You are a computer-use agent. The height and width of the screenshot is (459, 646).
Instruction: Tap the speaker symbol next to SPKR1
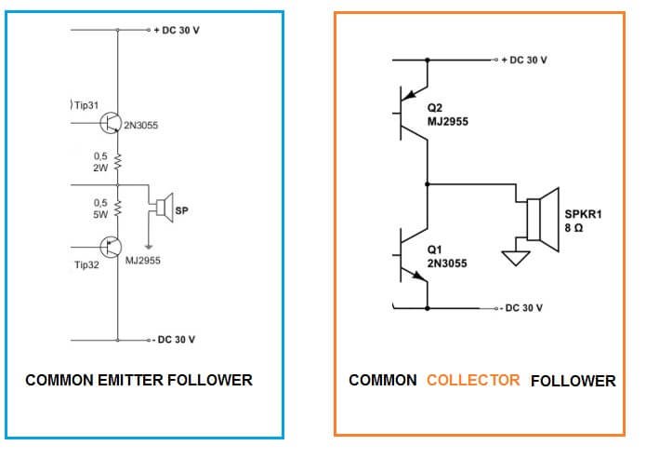pos(541,222)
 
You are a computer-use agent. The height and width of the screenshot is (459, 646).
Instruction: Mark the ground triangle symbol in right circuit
pos(513,257)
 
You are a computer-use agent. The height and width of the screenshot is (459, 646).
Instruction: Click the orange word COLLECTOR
pos(473,381)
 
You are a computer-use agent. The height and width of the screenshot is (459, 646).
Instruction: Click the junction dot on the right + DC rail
pos(427,60)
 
